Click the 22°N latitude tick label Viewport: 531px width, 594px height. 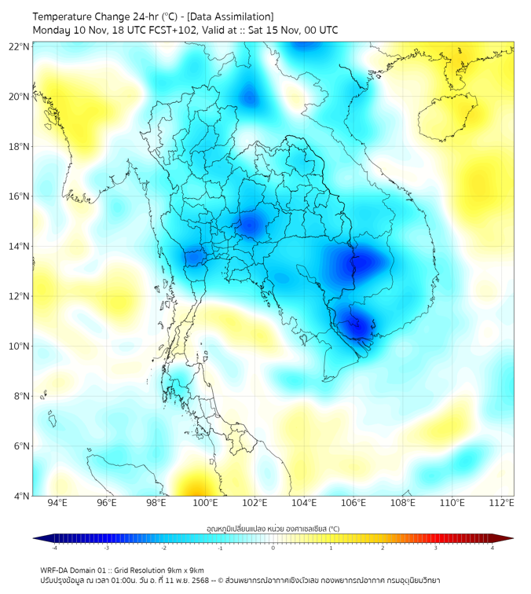coord(20,46)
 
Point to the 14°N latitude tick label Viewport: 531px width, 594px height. coord(20,247)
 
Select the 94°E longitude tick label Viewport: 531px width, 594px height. coord(57,503)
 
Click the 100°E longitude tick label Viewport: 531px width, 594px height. coord(205,503)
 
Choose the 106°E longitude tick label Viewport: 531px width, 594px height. coord(353,503)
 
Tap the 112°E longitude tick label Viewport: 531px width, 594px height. coord(501,503)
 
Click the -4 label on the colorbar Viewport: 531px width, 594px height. coord(54,548)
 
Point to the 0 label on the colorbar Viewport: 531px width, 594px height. coord(273,548)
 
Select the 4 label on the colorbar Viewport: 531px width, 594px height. coord(493,548)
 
